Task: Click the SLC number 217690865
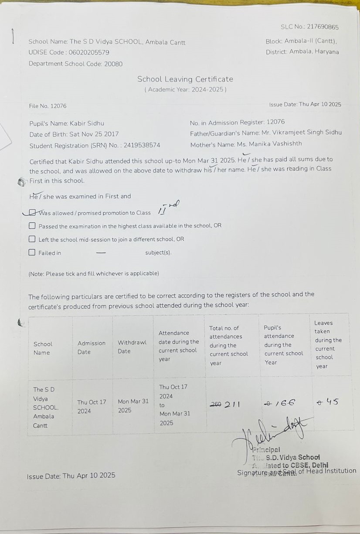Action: pyautogui.click(x=323, y=27)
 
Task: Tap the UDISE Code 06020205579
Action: pyautogui.click(x=89, y=52)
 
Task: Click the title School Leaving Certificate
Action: pyautogui.click(x=185, y=79)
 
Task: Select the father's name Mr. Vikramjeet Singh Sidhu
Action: pyautogui.click(x=302, y=133)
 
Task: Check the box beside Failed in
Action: pyautogui.click(x=32, y=252)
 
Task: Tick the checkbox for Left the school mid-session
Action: pyautogui.click(x=32, y=239)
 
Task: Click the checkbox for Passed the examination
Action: pyautogui.click(x=32, y=226)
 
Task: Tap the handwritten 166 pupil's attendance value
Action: pyautogui.click(x=287, y=403)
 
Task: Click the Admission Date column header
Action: pyautogui.click(x=92, y=347)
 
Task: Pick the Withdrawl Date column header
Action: pyautogui.click(x=132, y=347)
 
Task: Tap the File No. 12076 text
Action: pyautogui.click(x=48, y=106)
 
